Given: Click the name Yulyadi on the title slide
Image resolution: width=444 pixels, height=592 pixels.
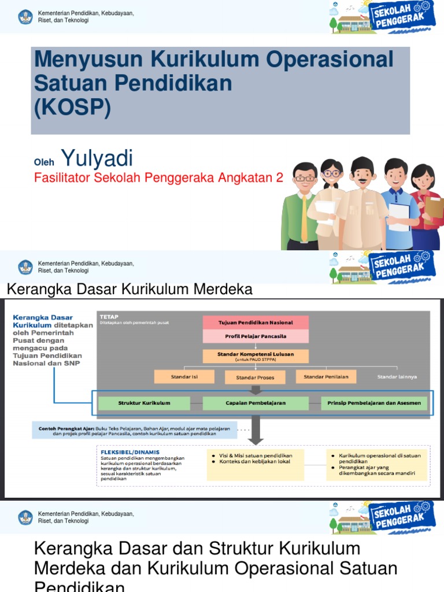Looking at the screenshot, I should pyautogui.click(x=97, y=158).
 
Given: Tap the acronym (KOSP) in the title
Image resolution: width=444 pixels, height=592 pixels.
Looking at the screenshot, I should pyautogui.click(x=72, y=107).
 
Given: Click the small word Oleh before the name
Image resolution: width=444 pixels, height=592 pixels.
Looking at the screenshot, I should pyautogui.click(x=44, y=162).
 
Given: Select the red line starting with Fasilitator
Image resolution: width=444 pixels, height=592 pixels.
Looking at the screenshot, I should pyautogui.click(x=159, y=178).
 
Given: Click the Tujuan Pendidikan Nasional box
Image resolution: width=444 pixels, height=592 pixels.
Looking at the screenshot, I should pyautogui.click(x=256, y=322).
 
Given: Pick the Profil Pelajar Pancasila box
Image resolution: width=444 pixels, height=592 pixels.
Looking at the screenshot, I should pyautogui.click(x=256, y=336).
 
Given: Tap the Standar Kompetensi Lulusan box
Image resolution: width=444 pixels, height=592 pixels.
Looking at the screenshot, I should pyautogui.click(x=256, y=356).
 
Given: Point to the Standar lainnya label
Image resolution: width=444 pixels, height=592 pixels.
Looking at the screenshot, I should pyautogui.click(x=397, y=377).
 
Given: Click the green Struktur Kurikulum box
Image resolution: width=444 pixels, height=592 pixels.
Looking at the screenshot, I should pyautogui.click(x=144, y=403).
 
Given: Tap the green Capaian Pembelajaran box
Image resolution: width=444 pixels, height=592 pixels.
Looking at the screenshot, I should pyautogui.click(x=256, y=403).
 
